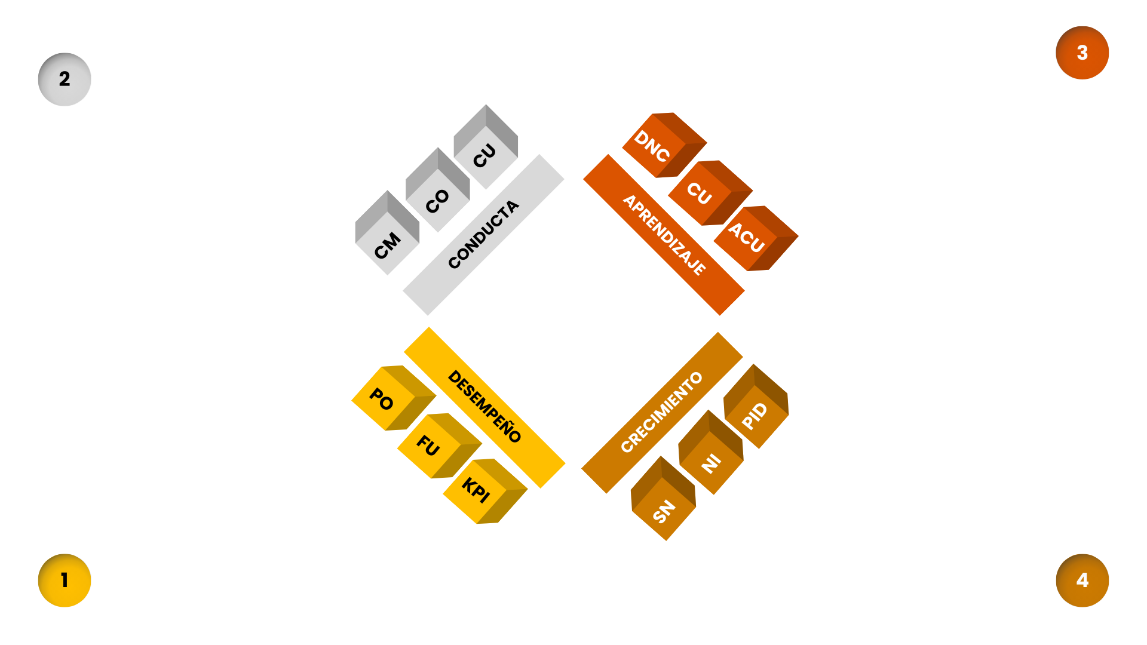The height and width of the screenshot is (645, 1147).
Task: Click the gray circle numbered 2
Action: pos(65,79)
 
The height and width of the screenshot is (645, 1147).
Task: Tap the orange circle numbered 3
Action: pos(1082,53)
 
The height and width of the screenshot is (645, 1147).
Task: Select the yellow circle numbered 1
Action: pos(65,580)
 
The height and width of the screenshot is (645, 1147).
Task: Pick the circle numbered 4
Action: pos(1082,580)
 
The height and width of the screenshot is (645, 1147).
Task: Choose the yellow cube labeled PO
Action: pos(388,399)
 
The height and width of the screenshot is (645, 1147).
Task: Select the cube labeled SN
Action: pos(663,503)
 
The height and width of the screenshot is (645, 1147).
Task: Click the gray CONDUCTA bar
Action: pos(483,235)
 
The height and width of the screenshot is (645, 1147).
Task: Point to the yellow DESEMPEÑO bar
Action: pos(484,407)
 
